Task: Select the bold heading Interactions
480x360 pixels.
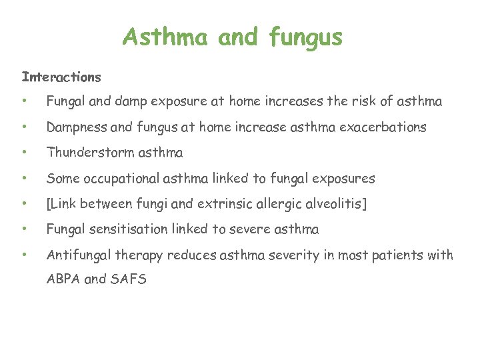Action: click(61, 77)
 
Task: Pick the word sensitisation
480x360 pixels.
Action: click(127, 229)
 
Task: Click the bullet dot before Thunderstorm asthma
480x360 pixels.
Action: click(24, 153)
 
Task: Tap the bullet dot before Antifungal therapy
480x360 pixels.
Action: click(24, 255)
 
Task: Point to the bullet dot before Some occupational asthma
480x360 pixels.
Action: click(24, 179)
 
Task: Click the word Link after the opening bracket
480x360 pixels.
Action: click(64, 204)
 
